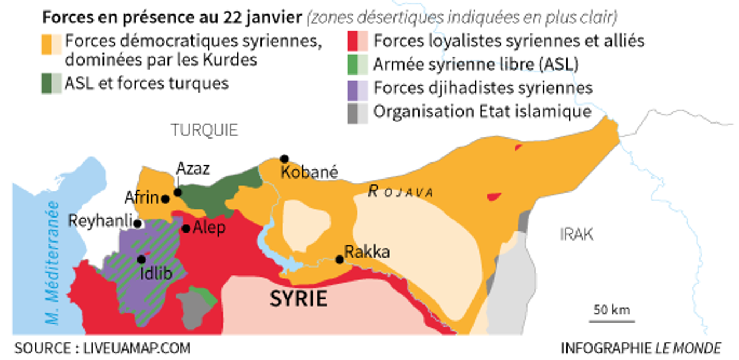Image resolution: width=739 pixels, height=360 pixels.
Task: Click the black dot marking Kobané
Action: pyautogui.click(x=284, y=159)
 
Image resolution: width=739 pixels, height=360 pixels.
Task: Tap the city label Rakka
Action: pyautogui.click(x=367, y=251)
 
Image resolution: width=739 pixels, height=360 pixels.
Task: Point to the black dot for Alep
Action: pyautogui.click(x=186, y=228)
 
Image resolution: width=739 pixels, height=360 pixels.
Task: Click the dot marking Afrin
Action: pyautogui.click(x=165, y=199)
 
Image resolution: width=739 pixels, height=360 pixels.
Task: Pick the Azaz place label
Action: pyautogui.click(x=193, y=169)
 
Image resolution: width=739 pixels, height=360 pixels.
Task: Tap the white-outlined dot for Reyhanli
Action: pyautogui.click(x=137, y=223)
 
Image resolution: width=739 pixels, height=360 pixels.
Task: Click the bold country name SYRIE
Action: pyautogui.click(x=298, y=299)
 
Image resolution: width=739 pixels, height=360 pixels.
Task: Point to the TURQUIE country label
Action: pyautogui.click(x=204, y=130)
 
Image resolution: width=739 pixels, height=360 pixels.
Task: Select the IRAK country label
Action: pyautogui.click(x=577, y=235)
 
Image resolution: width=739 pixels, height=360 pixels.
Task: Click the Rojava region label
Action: pyautogui.click(x=401, y=192)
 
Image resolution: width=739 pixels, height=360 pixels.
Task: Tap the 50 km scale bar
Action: pyautogui.click(x=612, y=320)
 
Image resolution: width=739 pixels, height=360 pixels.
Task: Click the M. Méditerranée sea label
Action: pyautogui.click(x=53, y=262)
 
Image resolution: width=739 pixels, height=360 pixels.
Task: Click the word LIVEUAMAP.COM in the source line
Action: pyautogui.click(x=136, y=348)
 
